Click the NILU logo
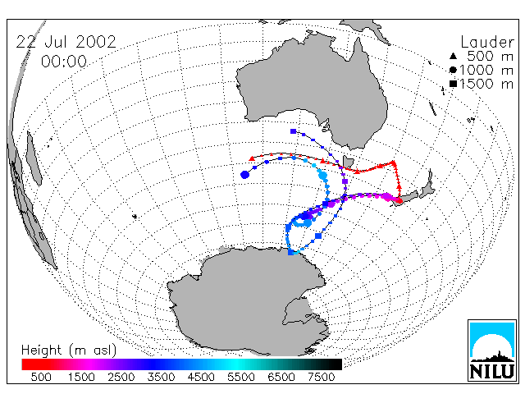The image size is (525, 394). click(x=492, y=350)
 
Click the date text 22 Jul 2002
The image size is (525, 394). click(x=66, y=42)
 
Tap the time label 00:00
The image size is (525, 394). click(x=64, y=62)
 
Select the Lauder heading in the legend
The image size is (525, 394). click(x=487, y=42)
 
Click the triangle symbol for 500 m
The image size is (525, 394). click(x=453, y=56)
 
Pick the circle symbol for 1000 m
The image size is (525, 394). click(x=453, y=70)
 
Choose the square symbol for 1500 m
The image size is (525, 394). click(x=453, y=84)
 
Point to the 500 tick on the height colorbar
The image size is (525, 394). click(x=41, y=377)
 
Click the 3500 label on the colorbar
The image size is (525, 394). click(x=161, y=377)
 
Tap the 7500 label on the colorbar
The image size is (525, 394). click(x=321, y=377)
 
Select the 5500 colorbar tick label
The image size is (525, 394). click(x=241, y=377)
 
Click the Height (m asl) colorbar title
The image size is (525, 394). click(x=69, y=350)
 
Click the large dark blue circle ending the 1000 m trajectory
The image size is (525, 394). click(x=244, y=175)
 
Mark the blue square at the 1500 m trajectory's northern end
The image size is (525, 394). click(x=294, y=131)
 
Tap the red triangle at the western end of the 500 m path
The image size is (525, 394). click(x=252, y=158)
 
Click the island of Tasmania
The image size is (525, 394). click(x=348, y=163)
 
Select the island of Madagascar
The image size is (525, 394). click(x=34, y=158)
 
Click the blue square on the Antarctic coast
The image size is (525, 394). click(x=291, y=252)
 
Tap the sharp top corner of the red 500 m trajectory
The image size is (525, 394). click(x=394, y=163)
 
